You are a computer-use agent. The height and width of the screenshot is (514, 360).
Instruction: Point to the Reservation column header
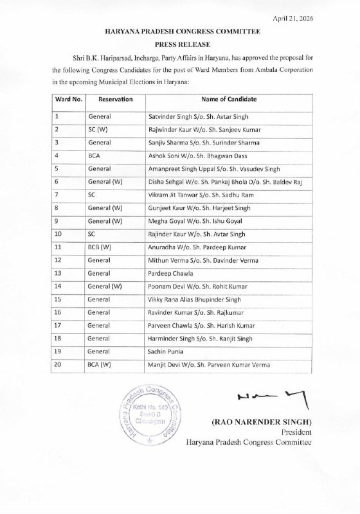tap(116, 100)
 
